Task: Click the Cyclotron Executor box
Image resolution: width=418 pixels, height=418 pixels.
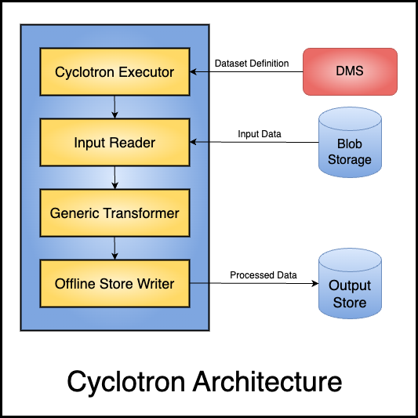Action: point(115,71)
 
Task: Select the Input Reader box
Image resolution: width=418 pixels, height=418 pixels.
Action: point(115,143)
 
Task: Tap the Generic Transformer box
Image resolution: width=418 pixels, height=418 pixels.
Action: point(115,213)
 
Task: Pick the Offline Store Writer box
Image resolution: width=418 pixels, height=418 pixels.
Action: point(115,283)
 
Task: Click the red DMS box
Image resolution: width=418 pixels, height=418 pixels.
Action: point(350,71)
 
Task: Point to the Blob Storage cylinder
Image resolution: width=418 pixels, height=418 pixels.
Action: point(350,143)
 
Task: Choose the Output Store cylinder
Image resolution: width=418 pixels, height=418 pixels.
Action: point(350,283)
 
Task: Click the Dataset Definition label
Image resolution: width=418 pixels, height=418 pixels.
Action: point(252,64)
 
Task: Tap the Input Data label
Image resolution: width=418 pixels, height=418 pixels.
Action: point(260,134)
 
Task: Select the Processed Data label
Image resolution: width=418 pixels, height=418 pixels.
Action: point(264,274)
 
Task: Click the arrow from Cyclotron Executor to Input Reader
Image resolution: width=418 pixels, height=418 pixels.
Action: point(115,107)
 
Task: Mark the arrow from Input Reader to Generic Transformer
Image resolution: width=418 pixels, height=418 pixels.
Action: point(115,177)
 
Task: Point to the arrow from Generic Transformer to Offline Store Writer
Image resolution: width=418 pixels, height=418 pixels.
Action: point(115,248)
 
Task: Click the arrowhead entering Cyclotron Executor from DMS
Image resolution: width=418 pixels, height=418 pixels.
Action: point(193,71)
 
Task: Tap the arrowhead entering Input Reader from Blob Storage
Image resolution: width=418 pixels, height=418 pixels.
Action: point(193,142)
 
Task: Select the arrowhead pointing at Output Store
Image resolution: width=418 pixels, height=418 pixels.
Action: point(315,283)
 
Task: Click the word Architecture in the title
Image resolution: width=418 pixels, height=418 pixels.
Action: point(267,382)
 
